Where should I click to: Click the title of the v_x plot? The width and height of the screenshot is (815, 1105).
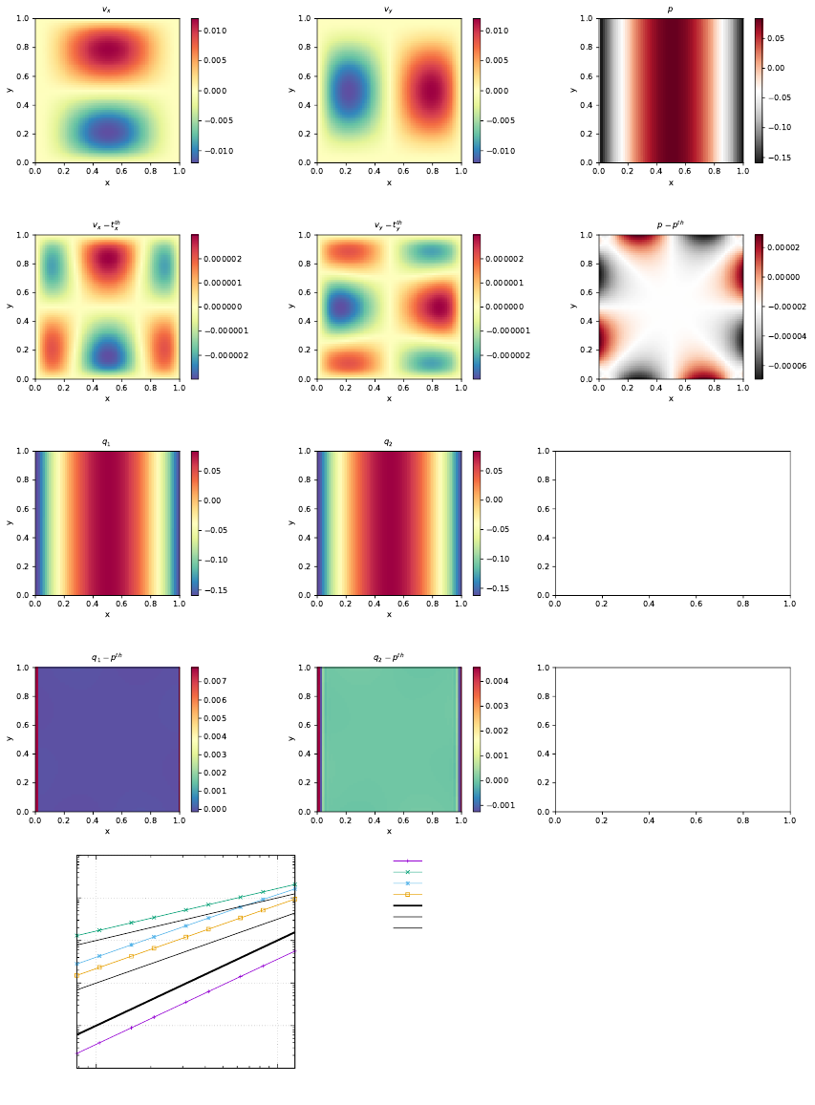pos(107,10)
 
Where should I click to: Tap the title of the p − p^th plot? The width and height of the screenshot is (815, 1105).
pos(671,225)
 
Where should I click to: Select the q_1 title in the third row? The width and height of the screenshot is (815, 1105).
pos(107,442)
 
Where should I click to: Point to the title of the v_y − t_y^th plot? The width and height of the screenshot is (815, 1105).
pos(389,225)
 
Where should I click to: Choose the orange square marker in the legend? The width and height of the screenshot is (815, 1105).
pos(408,894)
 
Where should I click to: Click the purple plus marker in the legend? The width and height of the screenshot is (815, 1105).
pos(408,861)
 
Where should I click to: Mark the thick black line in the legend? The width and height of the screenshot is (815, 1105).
pos(408,905)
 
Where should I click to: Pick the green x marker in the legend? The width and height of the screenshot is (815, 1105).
pos(408,872)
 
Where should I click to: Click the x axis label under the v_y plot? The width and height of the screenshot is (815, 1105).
pos(389,182)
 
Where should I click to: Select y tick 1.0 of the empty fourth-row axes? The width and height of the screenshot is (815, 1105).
pos(542,668)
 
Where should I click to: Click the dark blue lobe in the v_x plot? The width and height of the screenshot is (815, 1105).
pos(107,132)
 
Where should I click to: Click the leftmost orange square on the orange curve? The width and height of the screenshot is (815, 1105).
pos(77,975)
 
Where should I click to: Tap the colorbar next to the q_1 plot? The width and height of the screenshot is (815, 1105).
pos(195,522)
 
